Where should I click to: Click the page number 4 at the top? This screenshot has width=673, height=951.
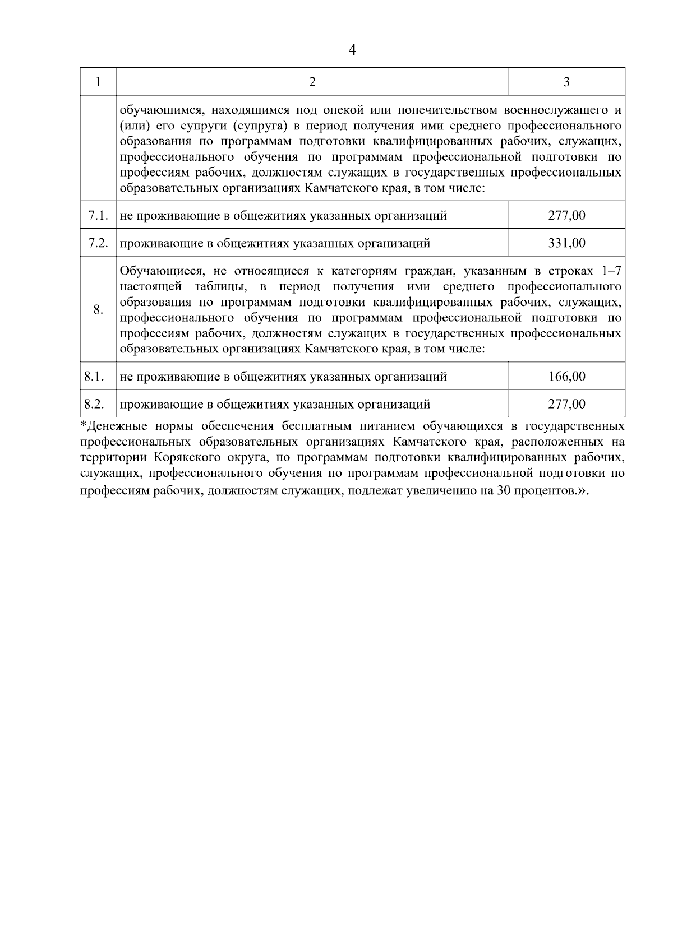(x=352, y=50)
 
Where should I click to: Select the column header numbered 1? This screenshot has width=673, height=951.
(x=98, y=82)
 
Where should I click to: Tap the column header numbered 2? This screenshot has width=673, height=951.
(x=312, y=82)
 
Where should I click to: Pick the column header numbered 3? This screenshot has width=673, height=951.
(x=566, y=82)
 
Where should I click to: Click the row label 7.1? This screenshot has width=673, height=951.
(x=98, y=215)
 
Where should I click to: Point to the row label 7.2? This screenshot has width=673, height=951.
(x=98, y=243)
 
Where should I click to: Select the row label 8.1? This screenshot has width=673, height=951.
(x=94, y=376)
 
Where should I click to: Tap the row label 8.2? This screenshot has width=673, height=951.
(x=94, y=403)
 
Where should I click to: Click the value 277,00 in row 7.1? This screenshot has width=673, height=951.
(x=566, y=215)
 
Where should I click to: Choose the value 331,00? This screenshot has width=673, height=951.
(x=566, y=243)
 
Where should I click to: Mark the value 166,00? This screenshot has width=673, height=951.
(x=566, y=376)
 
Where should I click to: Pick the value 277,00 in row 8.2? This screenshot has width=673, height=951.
(x=566, y=403)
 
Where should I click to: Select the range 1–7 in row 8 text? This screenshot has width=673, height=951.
(x=610, y=271)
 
